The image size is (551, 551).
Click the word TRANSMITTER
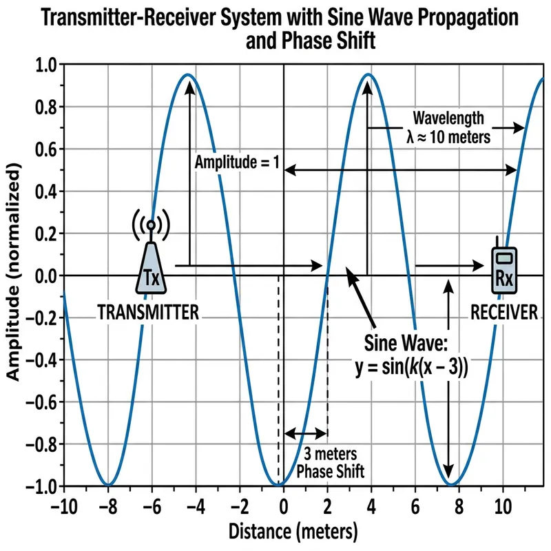point(149,312)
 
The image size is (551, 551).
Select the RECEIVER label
point(504,312)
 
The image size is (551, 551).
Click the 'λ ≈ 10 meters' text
point(448,136)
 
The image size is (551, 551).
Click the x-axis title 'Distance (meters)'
point(284,531)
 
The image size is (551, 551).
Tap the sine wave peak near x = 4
point(369,74)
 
